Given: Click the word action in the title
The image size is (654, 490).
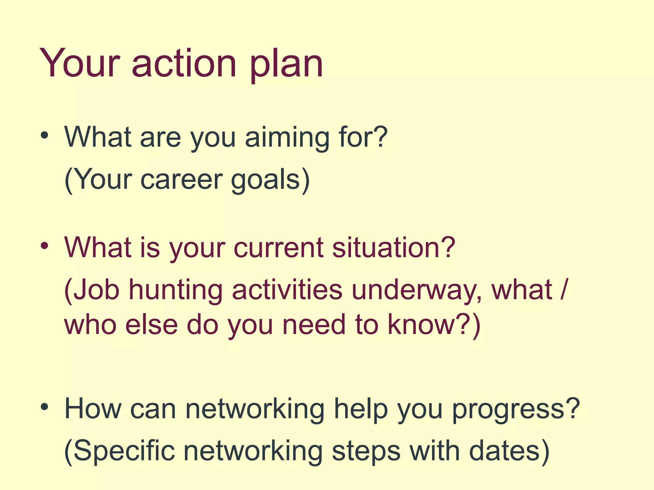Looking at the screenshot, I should pos(184,64).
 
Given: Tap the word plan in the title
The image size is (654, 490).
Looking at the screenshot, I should pos(286,65).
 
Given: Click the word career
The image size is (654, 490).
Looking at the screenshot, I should pos(181,180).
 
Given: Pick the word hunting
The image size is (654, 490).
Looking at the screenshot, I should pos(175,291).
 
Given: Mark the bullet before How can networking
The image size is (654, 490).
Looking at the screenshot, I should pos(44,407).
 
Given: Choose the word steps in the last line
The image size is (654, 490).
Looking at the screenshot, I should pos(366,452).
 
